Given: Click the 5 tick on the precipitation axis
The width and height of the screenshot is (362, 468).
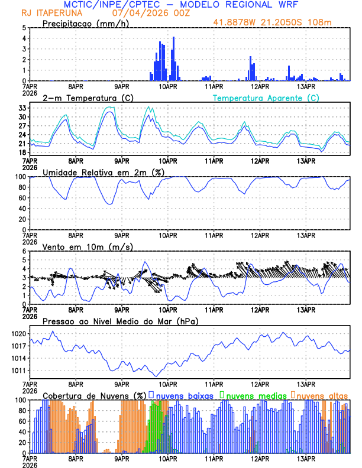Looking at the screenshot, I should pos(24,28).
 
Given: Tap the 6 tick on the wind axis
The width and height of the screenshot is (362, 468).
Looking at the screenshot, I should pos(24,251).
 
